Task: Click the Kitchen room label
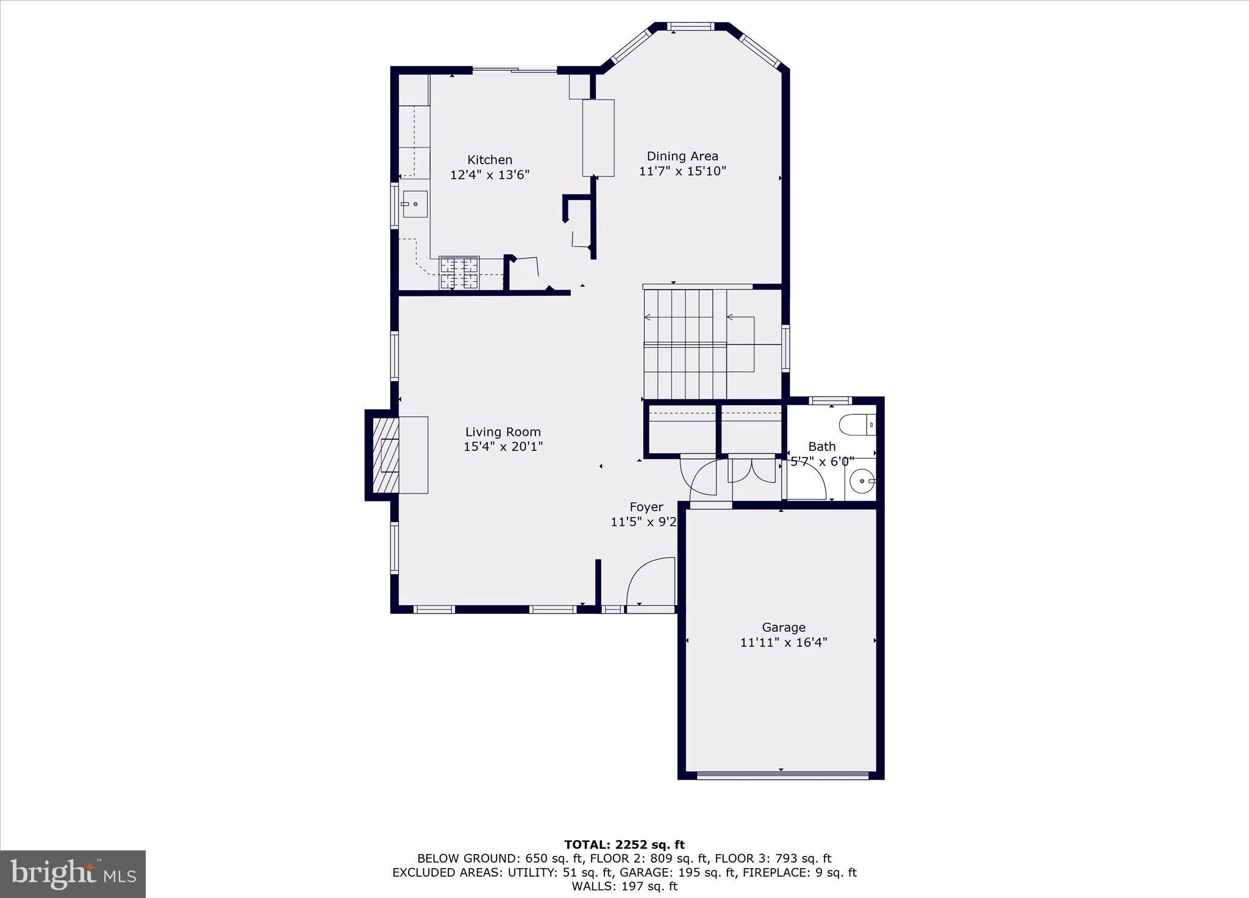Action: (489, 160)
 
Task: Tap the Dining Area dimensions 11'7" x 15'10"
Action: (682, 171)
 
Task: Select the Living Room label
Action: (503, 432)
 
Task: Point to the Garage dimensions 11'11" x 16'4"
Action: (784, 642)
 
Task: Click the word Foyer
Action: (646, 507)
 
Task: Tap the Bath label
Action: (821, 447)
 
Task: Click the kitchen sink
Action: (415, 204)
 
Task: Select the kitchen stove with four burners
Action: (459, 273)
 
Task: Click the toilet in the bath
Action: (857, 425)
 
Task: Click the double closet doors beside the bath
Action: (754, 470)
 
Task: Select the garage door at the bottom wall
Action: (782, 775)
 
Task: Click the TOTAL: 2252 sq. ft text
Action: (624, 845)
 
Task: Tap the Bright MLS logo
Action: (73, 874)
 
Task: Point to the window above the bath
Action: (830, 401)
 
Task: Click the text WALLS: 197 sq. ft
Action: (624, 886)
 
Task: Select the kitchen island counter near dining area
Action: (598, 138)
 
